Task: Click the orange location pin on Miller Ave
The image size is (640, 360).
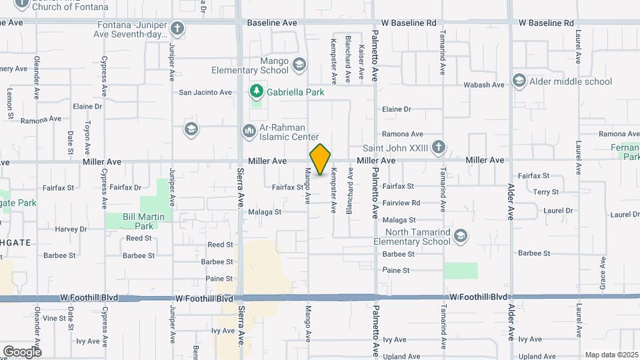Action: click(320, 159)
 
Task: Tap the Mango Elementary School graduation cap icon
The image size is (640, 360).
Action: click(299, 65)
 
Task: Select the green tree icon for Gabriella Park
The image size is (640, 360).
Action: click(255, 91)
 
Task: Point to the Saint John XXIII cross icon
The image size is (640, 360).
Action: click(438, 147)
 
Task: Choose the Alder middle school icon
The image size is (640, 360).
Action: click(519, 81)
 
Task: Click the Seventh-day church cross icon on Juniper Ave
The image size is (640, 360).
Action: click(177, 29)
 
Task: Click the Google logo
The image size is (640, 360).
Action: click(22, 351)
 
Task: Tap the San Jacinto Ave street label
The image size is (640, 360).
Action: click(205, 93)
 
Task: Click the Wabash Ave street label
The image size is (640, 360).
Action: click(489, 85)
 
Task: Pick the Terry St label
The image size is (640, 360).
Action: click(546, 192)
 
